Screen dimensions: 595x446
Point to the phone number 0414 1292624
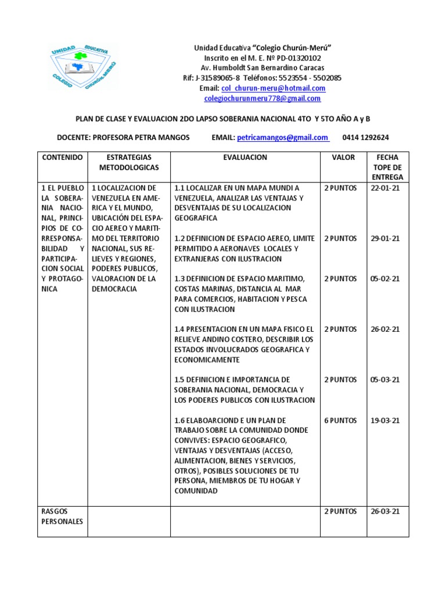click(x=366, y=138)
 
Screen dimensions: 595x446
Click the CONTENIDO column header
click(x=62, y=157)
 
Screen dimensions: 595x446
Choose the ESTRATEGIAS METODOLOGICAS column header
click(x=129, y=162)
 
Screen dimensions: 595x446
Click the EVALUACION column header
click(x=245, y=157)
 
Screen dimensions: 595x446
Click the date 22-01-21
click(x=385, y=188)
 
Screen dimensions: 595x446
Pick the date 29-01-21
click(x=385, y=238)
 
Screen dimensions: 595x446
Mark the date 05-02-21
click(x=385, y=279)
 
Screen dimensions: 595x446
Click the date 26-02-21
click(x=385, y=329)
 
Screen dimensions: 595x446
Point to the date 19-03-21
click(x=385, y=420)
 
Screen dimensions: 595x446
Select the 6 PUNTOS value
click(x=340, y=420)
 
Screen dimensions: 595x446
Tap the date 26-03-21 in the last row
click(x=385, y=511)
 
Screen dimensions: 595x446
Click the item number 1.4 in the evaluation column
click(x=181, y=329)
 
